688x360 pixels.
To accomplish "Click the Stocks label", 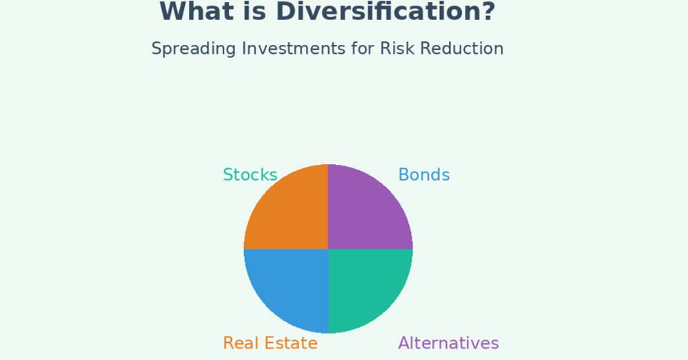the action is tap(250, 174).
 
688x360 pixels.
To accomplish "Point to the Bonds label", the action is tap(424, 174).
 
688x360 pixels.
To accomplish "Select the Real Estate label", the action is tap(270, 343).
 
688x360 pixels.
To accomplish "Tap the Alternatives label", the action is tap(448, 343).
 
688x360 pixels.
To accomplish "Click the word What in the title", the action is tap(197, 12).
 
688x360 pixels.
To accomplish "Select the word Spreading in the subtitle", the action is tap(194, 49).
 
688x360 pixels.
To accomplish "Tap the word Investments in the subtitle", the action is tap(294, 48).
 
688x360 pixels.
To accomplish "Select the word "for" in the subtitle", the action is tap(363, 48).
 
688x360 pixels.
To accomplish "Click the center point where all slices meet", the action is tap(328, 249).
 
